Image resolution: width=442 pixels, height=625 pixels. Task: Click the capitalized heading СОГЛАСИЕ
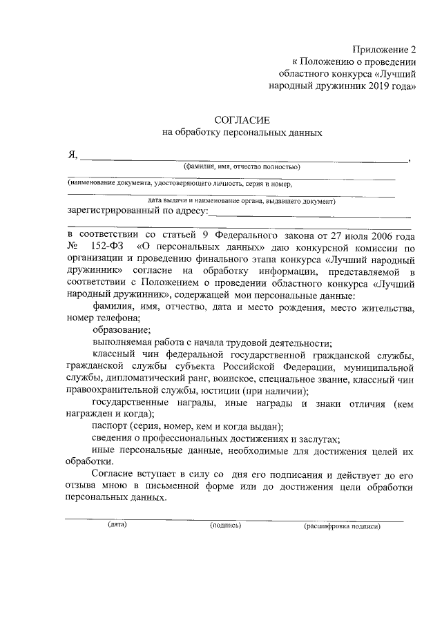coord(241,121)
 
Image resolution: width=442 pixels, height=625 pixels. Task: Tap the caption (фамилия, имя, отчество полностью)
coord(240,167)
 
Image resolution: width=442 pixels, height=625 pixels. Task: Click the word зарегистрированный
coord(114,211)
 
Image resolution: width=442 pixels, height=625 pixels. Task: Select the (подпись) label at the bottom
coord(226,526)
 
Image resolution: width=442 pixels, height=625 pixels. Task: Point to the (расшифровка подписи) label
coord(342,526)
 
